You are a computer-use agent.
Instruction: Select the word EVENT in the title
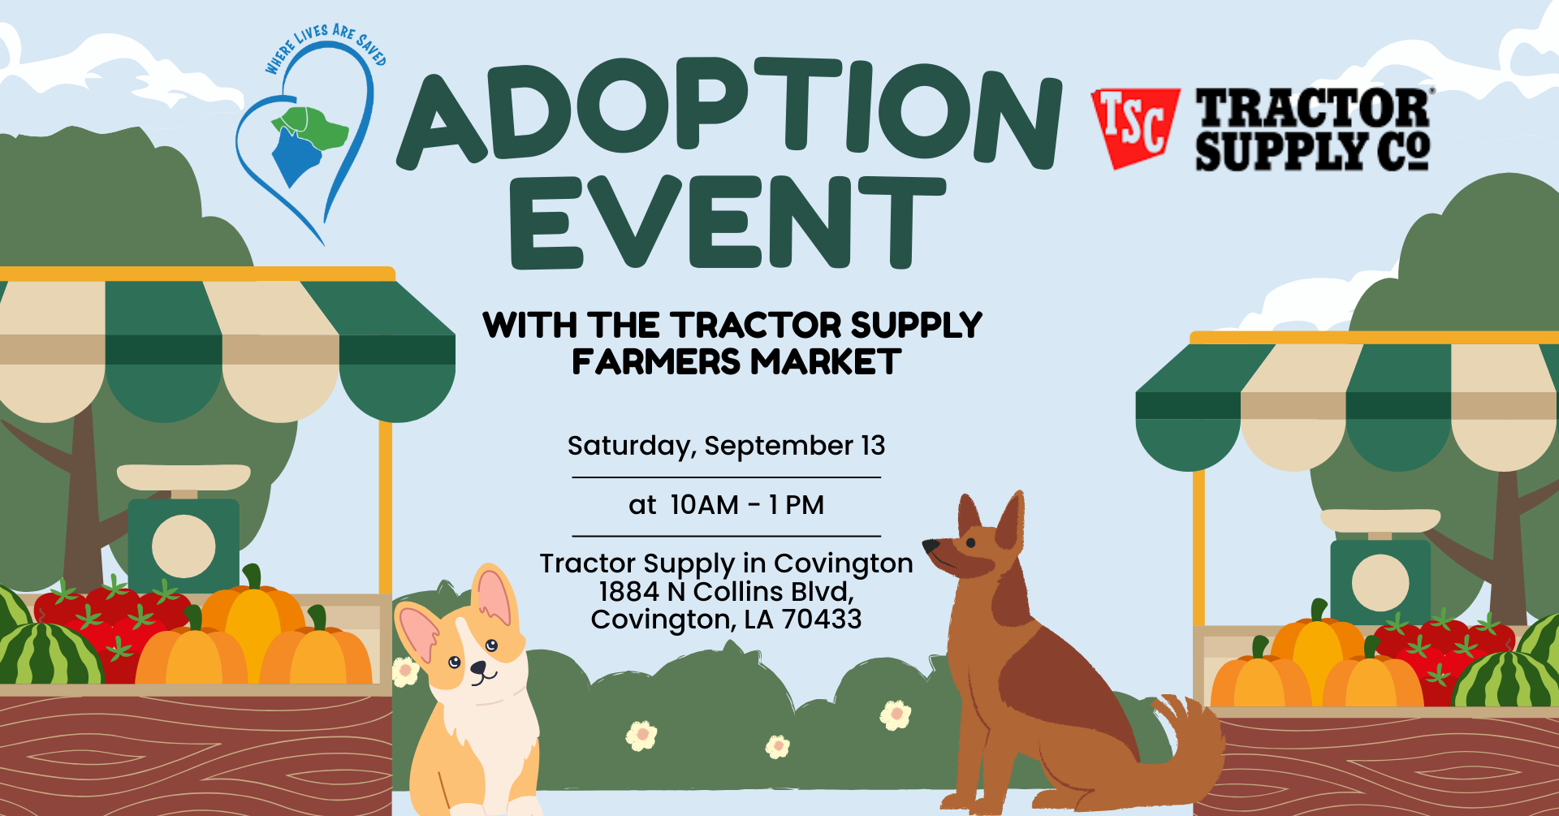(728, 222)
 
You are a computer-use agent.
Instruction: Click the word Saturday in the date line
(628, 447)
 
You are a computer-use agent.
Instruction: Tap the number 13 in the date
(873, 446)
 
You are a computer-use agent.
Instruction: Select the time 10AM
(704, 505)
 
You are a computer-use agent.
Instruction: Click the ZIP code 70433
(822, 620)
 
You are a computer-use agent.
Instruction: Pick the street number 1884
(628, 591)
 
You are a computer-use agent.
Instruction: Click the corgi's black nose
(479, 668)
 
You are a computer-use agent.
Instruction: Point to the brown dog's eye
(970, 542)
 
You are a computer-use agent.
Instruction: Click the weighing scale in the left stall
(184, 528)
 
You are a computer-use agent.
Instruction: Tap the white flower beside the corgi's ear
(404, 671)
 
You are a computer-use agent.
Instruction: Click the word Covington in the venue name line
(843, 563)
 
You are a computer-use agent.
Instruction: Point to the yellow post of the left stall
(386, 512)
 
